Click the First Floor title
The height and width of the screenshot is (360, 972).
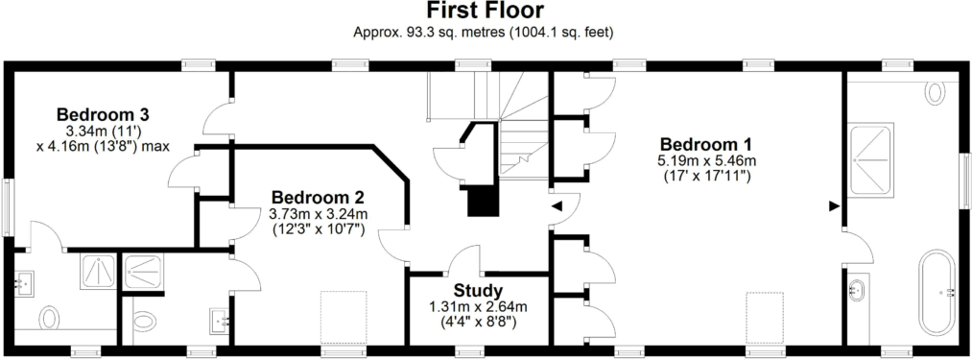click(x=486, y=12)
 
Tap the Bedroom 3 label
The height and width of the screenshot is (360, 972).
click(x=102, y=114)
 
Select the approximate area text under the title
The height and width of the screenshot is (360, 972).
click(x=485, y=32)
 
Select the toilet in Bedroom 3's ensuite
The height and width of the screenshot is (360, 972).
click(x=48, y=316)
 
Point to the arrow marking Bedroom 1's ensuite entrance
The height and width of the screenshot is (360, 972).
click(x=832, y=204)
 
